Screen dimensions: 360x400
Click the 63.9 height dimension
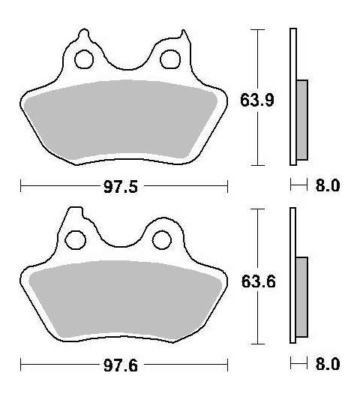[x=257, y=100]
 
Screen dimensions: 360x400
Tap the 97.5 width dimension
[x=121, y=186]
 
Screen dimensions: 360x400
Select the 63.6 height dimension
[x=258, y=281]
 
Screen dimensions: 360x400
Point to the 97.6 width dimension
[x=121, y=365]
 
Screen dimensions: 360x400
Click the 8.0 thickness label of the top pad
[x=328, y=185]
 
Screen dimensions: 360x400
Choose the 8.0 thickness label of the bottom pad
[x=328, y=363]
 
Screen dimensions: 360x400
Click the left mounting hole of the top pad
[x=84, y=59]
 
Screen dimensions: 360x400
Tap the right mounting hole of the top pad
[x=170, y=59]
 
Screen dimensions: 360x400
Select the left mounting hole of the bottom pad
[x=76, y=240]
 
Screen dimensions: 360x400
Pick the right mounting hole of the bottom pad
[x=162, y=239]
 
